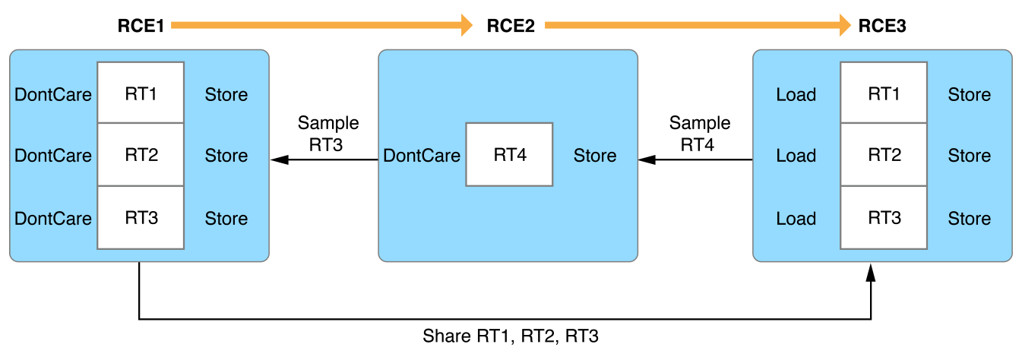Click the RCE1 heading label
pyautogui.click(x=140, y=26)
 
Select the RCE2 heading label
pyautogui.click(x=510, y=26)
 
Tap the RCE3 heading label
pyautogui.click(x=881, y=26)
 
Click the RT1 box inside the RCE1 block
pyautogui.click(x=141, y=94)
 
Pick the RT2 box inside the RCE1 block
pyautogui.click(x=141, y=155)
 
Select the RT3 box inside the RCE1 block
pyautogui.click(x=141, y=218)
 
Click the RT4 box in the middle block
pyautogui.click(x=509, y=155)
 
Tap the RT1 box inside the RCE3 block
pyautogui.click(x=884, y=94)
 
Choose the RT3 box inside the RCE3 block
pyautogui.click(x=884, y=218)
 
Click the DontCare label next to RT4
pyautogui.click(x=422, y=156)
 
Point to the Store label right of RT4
pyautogui.click(x=594, y=156)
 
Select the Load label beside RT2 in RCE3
pyautogui.click(x=796, y=156)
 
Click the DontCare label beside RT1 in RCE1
pyautogui.click(x=53, y=95)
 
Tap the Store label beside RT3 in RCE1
pyautogui.click(x=226, y=219)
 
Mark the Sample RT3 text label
pyautogui.click(x=328, y=133)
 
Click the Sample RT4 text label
pyautogui.click(x=700, y=133)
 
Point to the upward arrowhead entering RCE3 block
pyautogui.click(x=872, y=272)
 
